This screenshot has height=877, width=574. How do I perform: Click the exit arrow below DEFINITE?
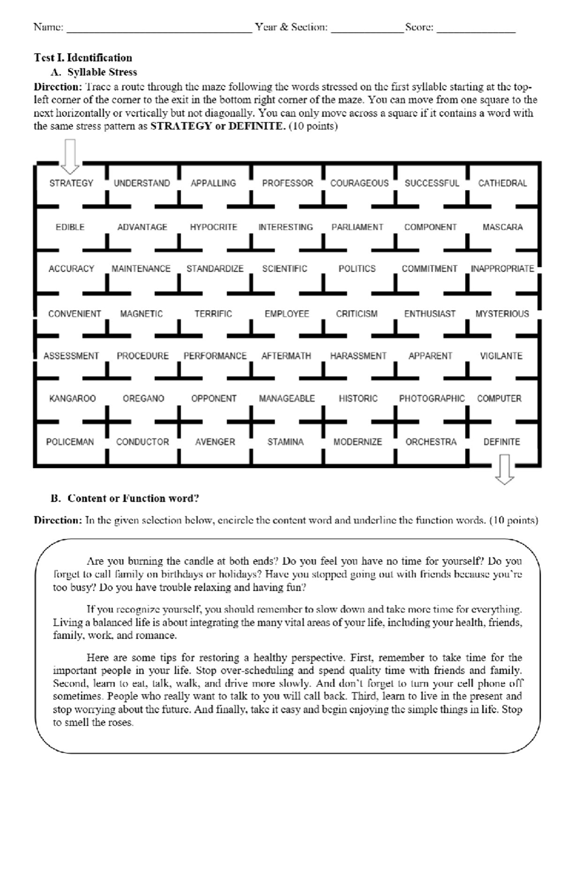(x=504, y=469)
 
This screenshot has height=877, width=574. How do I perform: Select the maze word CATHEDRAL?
(x=502, y=183)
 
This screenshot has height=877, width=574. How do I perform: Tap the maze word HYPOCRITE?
(x=213, y=227)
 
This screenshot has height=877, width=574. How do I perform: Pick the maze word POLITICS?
(x=357, y=269)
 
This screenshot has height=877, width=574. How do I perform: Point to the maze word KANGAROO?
(x=72, y=398)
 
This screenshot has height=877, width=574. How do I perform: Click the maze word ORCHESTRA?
(x=430, y=442)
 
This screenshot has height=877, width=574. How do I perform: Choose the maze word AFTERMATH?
(x=286, y=356)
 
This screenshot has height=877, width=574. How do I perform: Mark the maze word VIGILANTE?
(x=501, y=356)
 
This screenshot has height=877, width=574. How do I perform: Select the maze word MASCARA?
(x=502, y=227)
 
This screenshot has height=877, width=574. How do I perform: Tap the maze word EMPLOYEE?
(x=287, y=314)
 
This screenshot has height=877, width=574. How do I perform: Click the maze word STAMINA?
(x=285, y=442)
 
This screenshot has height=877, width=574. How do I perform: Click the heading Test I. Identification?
(x=83, y=58)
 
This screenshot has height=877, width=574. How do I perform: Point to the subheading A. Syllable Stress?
(x=94, y=72)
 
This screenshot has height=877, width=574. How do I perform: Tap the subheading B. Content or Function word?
(x=125, y=498)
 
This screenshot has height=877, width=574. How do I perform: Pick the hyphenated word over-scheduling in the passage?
(x=257, y=670)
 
